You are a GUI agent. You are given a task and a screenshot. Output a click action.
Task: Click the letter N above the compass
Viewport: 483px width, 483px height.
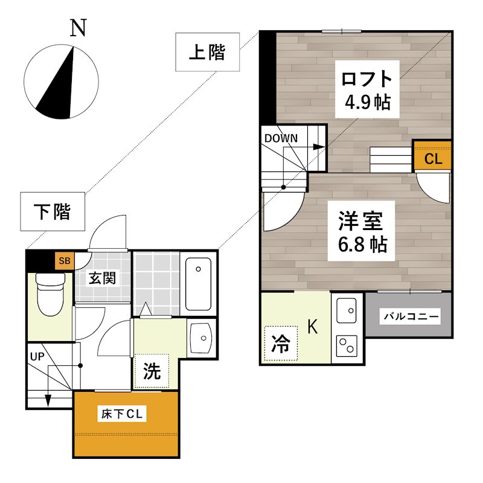77,28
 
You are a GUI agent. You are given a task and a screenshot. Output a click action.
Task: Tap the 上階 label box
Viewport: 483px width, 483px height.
207,53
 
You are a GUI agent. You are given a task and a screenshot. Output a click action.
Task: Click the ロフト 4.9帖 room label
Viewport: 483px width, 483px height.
366,90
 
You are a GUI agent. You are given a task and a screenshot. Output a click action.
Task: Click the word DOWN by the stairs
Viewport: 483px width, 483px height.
281,138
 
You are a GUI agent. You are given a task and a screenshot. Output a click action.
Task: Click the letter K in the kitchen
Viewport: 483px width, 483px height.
313,327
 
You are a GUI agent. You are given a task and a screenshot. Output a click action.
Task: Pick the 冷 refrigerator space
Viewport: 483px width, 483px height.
281,344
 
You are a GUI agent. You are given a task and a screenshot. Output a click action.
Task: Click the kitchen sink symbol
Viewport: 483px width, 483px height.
347,312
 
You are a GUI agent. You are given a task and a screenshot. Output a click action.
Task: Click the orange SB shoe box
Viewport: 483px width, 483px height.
64,261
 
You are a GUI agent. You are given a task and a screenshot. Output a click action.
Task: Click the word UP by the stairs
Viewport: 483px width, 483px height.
37,356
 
